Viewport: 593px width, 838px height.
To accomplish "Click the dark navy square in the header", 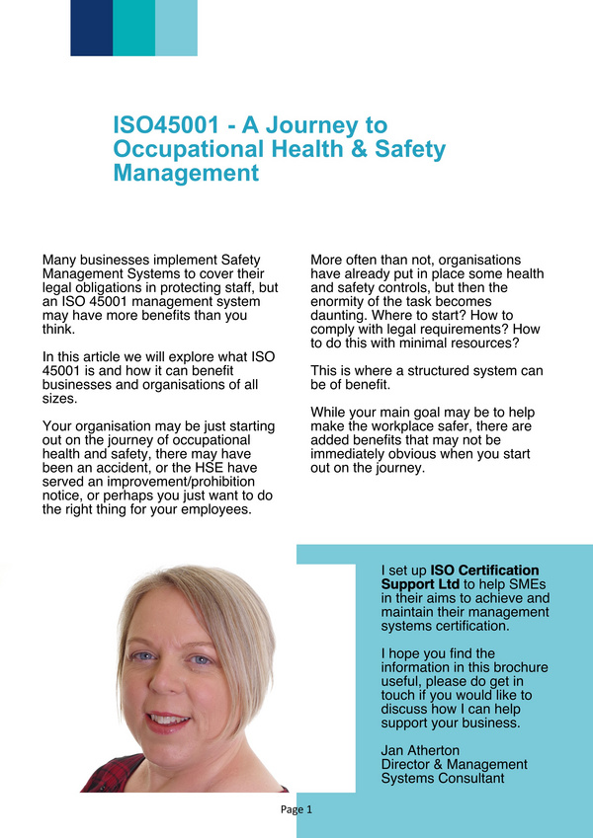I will (x=91, y=28).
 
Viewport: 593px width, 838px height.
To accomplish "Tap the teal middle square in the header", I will (x=133, y=28).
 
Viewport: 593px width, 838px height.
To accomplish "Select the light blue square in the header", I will (x=176, y=28).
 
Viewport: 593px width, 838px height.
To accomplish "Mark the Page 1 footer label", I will (x=296, y=809).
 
